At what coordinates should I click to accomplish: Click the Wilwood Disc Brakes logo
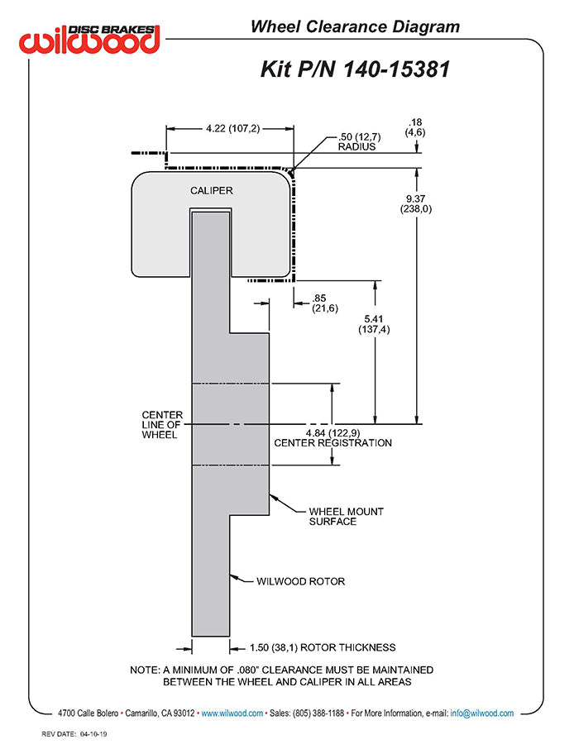(89, 37)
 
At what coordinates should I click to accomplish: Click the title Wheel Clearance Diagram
(355, 26)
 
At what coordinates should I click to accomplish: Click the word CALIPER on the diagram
(212, 191)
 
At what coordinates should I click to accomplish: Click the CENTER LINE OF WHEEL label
(159, 424)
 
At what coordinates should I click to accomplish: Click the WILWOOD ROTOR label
(300, 581)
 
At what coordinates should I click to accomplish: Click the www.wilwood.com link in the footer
(232, 713)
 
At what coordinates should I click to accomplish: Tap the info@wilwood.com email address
(482, 713)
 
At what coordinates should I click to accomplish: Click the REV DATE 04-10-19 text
(75, 733)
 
